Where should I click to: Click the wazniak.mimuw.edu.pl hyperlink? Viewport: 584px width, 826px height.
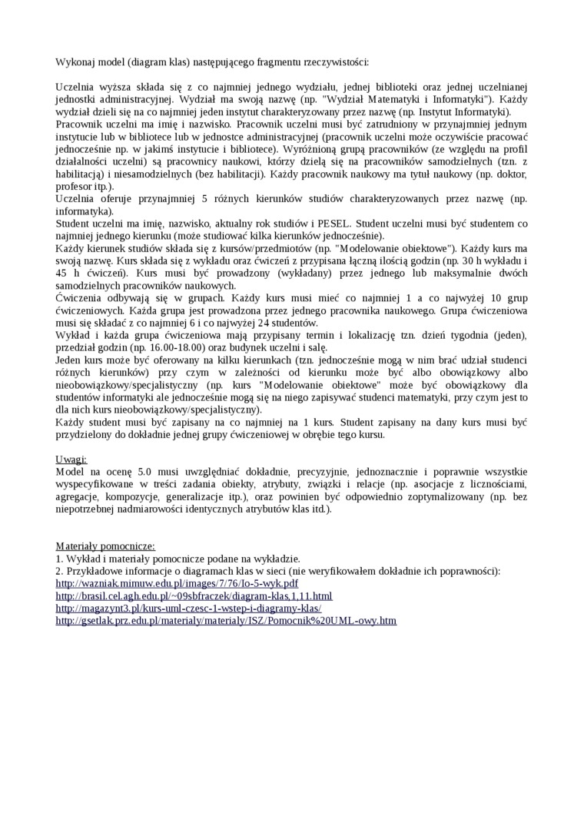click(177, 583)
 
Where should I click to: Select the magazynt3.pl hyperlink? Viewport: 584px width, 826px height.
click(188, 608)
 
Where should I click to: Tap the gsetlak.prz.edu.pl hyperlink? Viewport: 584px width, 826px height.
click(226, 620)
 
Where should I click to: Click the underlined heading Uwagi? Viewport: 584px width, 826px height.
click(71, 459)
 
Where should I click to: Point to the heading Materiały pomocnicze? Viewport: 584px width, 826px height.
click(105, 546)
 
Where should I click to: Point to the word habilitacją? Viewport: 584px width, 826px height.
click(84, 174)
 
